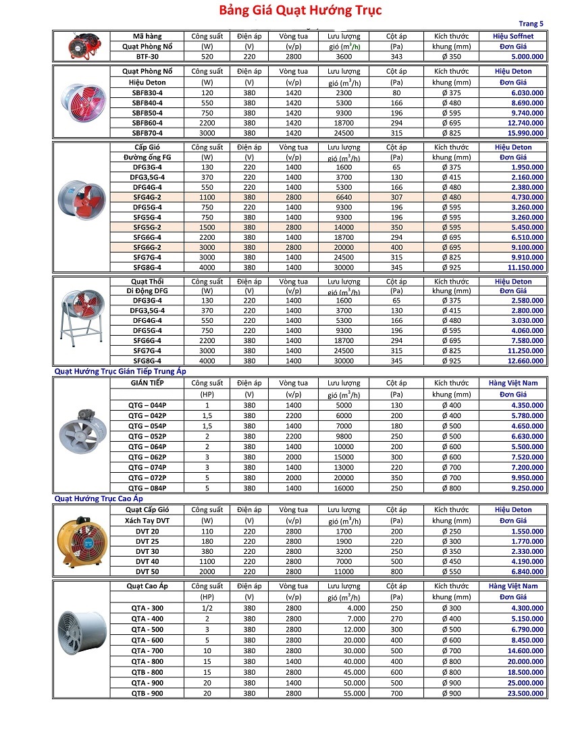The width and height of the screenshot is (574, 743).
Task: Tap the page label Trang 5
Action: pyautogui.click(x=531, y=24)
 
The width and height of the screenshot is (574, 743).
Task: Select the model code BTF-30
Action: pyautogui.click(x=147, y=57)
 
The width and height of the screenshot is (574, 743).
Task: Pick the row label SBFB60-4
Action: pyautogui.click(x=147, y=123)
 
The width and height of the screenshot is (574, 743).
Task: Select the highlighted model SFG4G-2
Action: pyautogui.click(x=147, y=197)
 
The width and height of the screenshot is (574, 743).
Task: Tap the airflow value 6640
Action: pyautogui.click(x=344, y=197)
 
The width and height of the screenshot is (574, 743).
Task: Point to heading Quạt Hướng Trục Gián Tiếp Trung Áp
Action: pyautogui.click(x=120, y=371)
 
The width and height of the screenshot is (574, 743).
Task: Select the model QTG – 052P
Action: pyautogui.click(x=147, y=436)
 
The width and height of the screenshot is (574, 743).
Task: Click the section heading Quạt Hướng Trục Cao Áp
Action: pyautogui.click(x=99, y=498)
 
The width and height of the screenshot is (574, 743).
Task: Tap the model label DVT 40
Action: pyautogui.click(x=147, y=561)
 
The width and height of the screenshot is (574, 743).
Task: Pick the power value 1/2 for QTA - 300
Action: pyautogui.click(x=207, y=608)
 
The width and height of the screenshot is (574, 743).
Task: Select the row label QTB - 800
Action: pyautogui.click(x=147, y=672)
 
